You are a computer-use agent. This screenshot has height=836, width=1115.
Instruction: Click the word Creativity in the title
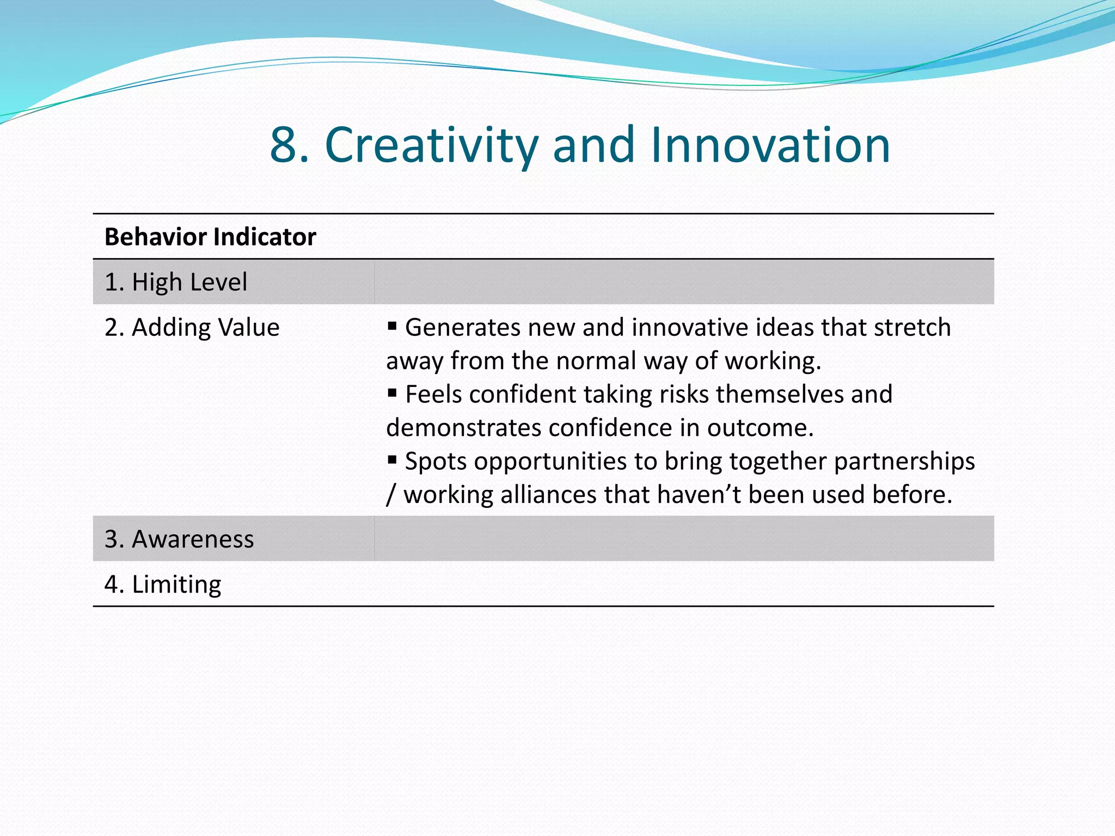(x=431, y=145)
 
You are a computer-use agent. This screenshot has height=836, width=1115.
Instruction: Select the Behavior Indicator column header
(x=210, y=237)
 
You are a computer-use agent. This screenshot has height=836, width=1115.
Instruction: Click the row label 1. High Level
(x=176, y=282)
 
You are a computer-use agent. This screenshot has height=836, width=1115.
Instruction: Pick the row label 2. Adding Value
(x=192, y=328)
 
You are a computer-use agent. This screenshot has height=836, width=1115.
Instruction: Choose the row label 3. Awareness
(x=179, y=539)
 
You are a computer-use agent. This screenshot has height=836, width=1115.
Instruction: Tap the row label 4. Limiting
(x=163, y=584)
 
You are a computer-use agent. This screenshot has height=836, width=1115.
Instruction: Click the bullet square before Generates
(x=392, y=326)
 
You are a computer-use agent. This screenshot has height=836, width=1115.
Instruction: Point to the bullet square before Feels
(x=392, y=392)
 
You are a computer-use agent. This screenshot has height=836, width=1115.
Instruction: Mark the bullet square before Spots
(x=392, y=460)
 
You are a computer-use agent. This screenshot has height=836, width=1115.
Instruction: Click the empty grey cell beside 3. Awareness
(x=684, y=539)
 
